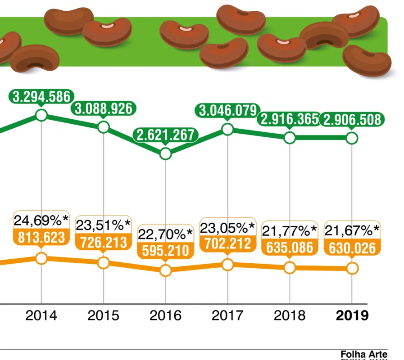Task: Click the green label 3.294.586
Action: pos(41,97)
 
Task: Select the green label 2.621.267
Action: pos(165,135)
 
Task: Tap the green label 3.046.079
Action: pos(228,110)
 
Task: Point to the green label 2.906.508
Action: pos(352,120)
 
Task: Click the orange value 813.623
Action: pos(41,237)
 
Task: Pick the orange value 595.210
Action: pos(165,251)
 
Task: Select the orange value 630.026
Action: pos(352,248)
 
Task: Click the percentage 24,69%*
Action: pos(41,220)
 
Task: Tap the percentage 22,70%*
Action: pos(165,234)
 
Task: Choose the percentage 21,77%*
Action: pos(290,231)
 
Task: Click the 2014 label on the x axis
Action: pos(41,315)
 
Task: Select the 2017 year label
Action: pos(227,315)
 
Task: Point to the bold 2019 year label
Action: pos(352,315)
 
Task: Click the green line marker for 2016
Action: pos(165,154)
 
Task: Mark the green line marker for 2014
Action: pos(41,115)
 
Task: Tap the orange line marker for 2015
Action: pos(103,263)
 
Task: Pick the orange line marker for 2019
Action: pos(352,268)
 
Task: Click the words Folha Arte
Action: pos(364,354)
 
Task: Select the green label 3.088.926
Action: pos(103,108)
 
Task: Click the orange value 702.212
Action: pos(228,243)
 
